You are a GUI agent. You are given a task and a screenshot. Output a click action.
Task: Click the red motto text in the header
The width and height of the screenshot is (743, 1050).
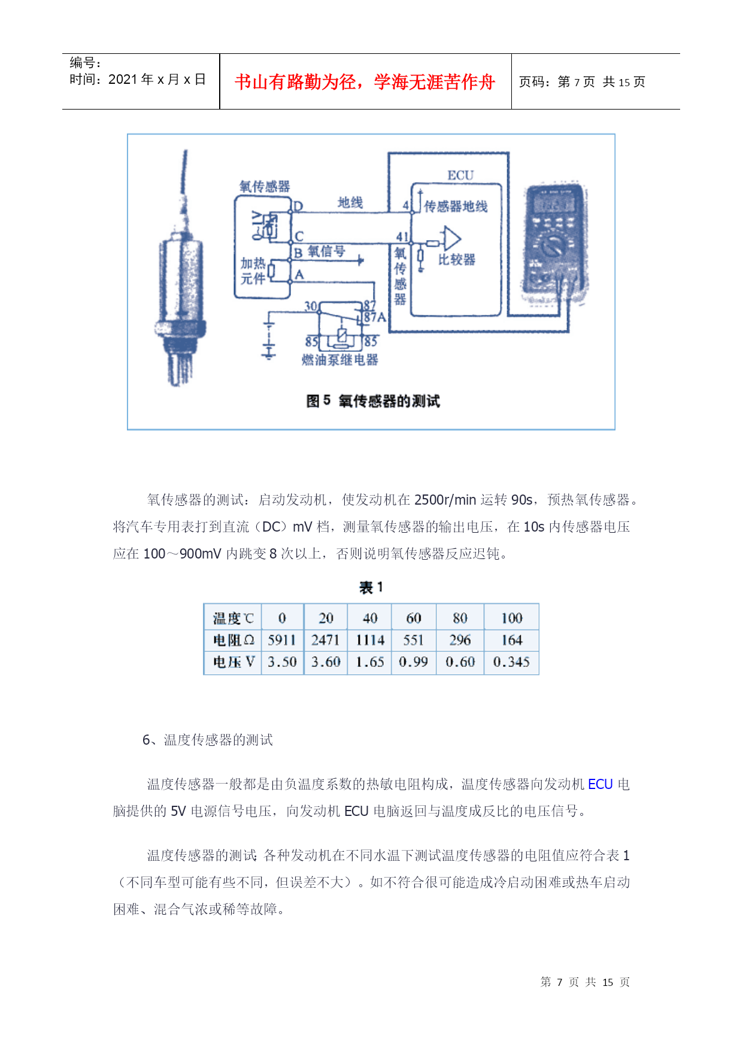pyautogui.click(x=365, y=82)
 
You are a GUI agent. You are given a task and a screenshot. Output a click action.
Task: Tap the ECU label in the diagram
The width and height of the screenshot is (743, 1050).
pyautogui.click(x=460, y=175)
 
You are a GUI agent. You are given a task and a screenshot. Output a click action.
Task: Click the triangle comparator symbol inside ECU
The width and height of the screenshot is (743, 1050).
pyautogui.click(x=451, y=239)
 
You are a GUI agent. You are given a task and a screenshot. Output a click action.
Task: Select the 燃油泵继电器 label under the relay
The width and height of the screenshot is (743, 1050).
pyautogui.click(x=340, y=360)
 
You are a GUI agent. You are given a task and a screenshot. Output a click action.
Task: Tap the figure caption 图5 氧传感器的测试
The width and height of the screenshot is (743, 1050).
pyautogui.click(x=373, y=400)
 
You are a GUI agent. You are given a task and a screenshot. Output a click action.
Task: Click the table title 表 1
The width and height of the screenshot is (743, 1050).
pyautogui.click(x=371, y=587)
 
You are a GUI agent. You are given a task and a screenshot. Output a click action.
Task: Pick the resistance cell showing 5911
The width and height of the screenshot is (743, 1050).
pyautogui.click(x=282, y=640)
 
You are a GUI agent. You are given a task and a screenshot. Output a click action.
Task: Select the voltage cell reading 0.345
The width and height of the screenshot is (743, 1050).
pyautogui.click(x=511, y=661)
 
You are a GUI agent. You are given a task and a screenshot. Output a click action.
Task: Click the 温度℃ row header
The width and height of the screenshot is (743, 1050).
pyautogui.click(x=233, y=618)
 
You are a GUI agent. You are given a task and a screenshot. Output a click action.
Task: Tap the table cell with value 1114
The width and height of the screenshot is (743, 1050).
pyautogui.click(x=370, y=640)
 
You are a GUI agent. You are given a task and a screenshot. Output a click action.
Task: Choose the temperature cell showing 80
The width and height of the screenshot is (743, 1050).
pyautogui.click(x=460, y=618)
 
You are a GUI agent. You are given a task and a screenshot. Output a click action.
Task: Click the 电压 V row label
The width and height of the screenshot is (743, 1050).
pyautogui.click(x=233, y=661)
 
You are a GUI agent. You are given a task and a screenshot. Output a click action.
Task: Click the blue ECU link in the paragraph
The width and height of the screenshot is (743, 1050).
pyautogui.click(x=601, y=784)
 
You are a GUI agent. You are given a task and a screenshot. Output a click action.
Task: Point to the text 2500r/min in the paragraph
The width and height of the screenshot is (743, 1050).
pyautogui.click(x=445, y=500)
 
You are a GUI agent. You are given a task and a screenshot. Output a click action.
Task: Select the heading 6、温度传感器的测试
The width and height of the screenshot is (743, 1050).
pyautogui.click(x=208, y=740)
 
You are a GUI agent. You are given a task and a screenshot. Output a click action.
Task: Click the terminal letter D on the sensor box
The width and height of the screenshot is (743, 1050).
pyautogui.click(x=298, y=207)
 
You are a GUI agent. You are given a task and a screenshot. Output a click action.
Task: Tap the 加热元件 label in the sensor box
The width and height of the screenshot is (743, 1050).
pyautogui.click(x=253, y=271)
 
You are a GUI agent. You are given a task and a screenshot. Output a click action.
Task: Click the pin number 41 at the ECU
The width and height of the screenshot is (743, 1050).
pyautogui.click(x=402, y=237)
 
